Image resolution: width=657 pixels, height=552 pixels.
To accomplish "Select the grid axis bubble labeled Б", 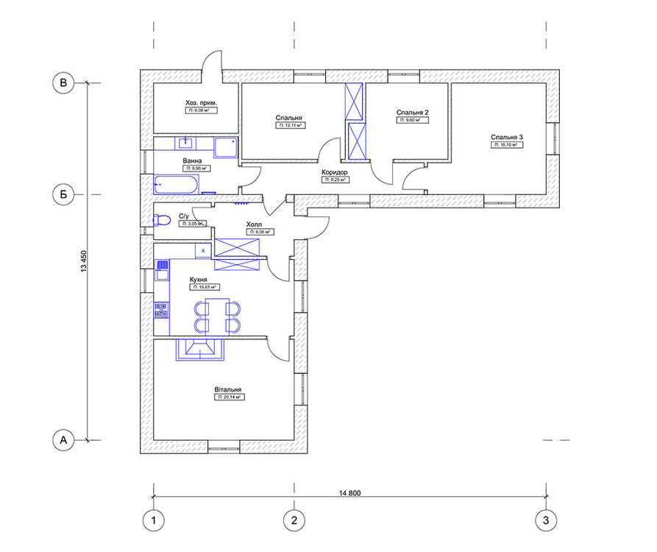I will pos(64,194).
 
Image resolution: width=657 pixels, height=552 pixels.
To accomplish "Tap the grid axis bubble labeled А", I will pos(64,440).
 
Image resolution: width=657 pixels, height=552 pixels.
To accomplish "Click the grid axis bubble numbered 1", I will pos(153,521).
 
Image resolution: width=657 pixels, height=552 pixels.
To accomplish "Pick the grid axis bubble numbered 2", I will pos(294,521).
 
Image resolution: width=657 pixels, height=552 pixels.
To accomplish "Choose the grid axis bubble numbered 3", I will pos(545,521).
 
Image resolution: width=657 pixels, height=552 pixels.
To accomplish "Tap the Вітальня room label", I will pos(230,389).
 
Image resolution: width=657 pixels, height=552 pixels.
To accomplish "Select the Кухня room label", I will pos(198,280).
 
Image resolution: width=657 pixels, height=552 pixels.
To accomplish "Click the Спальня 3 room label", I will pos(506,138).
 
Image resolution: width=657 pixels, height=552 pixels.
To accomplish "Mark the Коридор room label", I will pos(334,171).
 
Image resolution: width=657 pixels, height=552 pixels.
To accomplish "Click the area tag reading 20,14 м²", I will pos(230,397).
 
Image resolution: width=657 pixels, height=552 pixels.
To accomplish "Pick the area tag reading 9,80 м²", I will pos(412,120).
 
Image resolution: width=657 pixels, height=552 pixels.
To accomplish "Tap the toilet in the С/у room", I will pos(160,219).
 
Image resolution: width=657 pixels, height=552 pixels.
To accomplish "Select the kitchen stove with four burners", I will pos(161,311).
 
